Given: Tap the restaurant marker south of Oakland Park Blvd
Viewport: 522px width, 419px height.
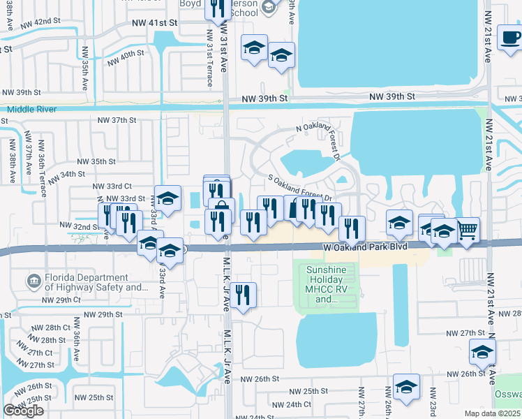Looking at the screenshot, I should pos(243,294).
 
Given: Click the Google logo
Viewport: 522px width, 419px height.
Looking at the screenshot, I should pos(23,410).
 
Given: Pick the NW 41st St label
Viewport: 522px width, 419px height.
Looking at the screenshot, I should pos(155,22).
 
